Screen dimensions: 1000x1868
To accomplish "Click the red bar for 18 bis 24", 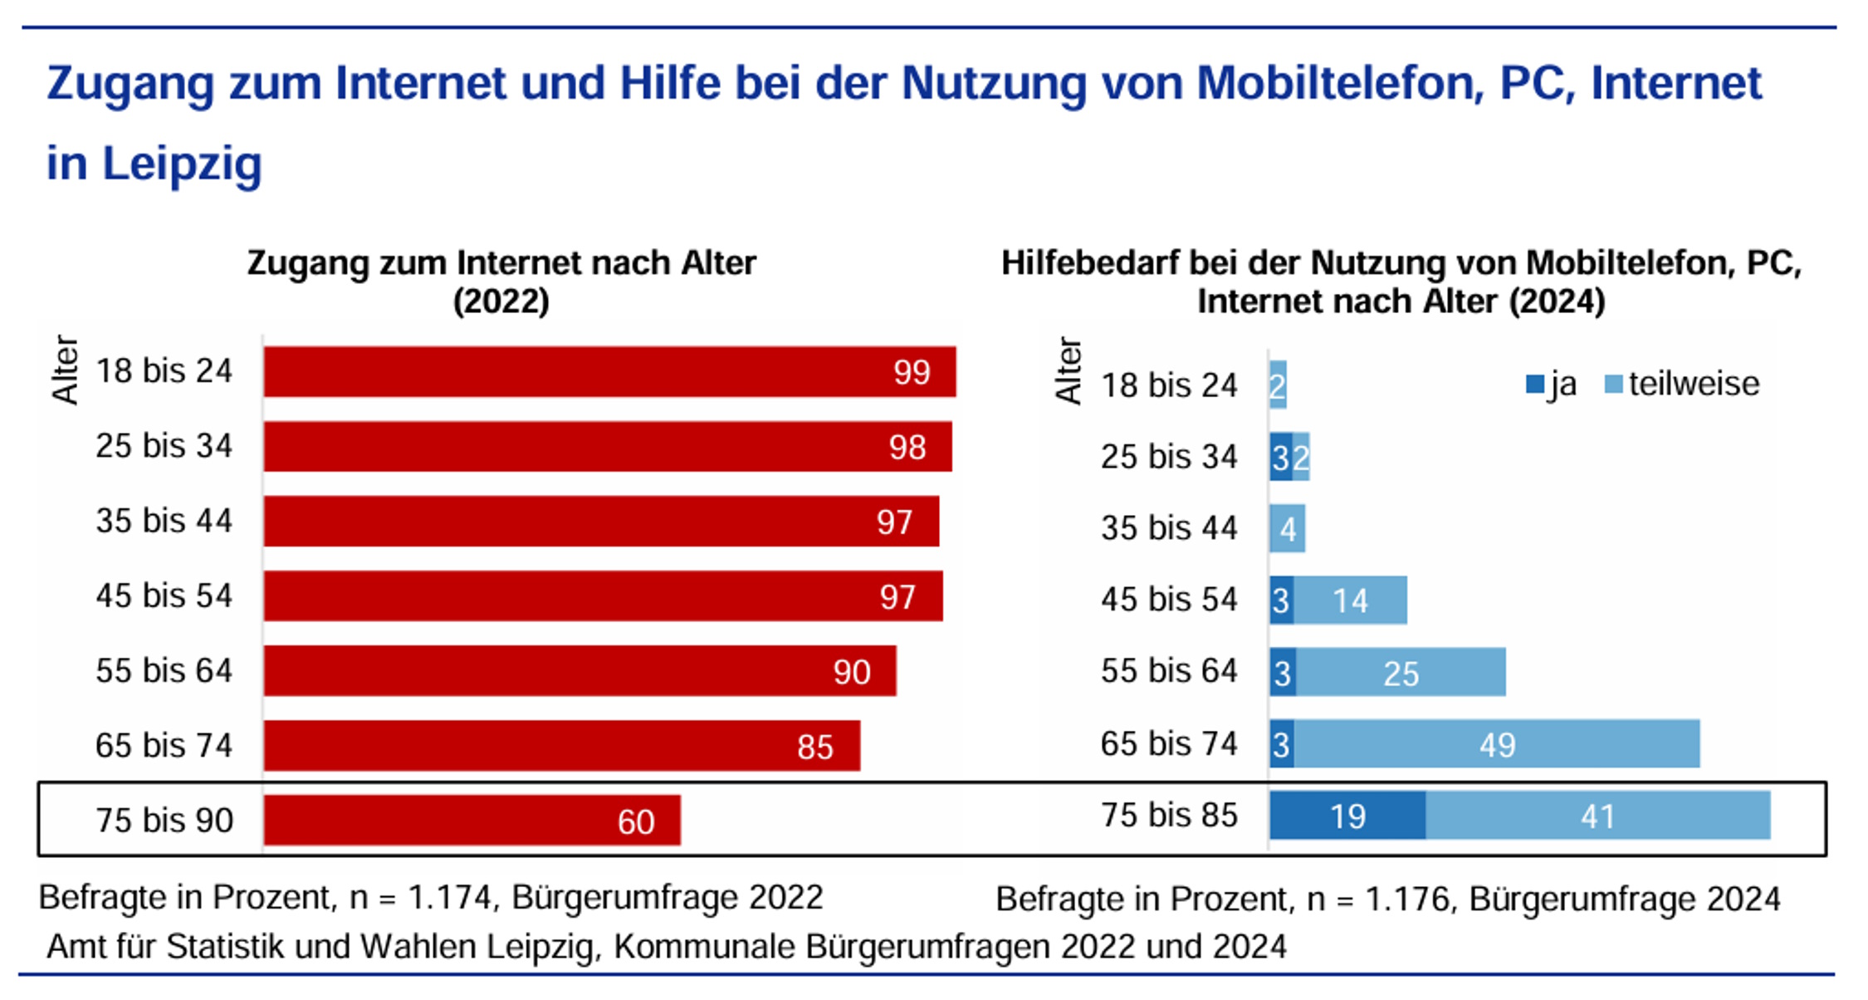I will pyautogui.click(x=609, y=371).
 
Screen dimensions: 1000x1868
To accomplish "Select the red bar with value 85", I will pyautogui.click(x=561, y=745).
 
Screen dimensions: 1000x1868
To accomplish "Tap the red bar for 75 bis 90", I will pyautogui.click(x=472, y=820).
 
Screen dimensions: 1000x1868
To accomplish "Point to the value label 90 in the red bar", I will pyautogui.click(x=852, y=672).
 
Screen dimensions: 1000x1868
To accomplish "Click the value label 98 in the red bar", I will pyautogui.click(x=907, y=448).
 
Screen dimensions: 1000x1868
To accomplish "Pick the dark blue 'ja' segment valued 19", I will pyautogui.click(x=1347, y=816).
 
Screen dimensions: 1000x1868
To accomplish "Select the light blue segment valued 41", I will pyautogui.click(x=1597, y=816).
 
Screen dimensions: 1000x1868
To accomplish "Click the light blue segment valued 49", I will pyautogui.click(x=1496, y=744).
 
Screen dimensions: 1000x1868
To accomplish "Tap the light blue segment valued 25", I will pyautogui.click(x=1401, y=673).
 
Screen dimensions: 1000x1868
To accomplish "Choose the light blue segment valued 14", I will pyautogui.click(x=1350, y=600).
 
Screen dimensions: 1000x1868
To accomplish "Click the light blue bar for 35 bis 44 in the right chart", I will pyautogui.click(x=1287, y=528).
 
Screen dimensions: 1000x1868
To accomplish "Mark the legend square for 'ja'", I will pyautogui.click(x=1534, y=385).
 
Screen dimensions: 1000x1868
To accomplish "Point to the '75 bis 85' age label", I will pyautogui.click(x=1169, y=815).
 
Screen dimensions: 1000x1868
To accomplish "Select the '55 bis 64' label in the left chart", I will pyautogui.click(x=164, y=670).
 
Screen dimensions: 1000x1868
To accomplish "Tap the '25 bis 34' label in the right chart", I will pyautogui.click(x=1169, y=457).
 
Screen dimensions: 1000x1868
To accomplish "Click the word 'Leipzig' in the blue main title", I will pyautogui.click(x=182, y=163).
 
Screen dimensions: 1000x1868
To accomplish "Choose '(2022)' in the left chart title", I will pyautogui.click(x=501, y=301).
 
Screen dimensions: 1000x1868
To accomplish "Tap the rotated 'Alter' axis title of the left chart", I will pyautogui.click(x=65, y=370).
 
